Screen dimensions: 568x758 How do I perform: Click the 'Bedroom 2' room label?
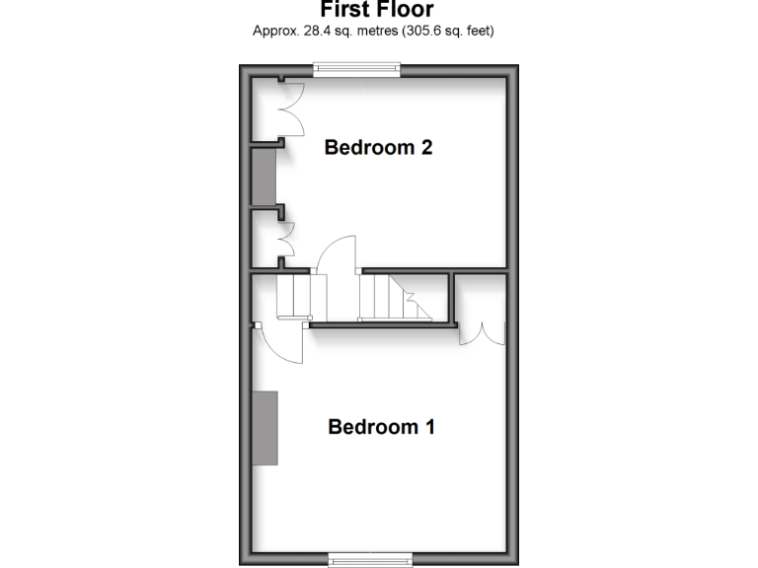(379, 148)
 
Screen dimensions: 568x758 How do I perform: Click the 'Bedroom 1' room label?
(381, 427)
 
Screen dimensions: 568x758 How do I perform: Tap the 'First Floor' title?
(377, 10)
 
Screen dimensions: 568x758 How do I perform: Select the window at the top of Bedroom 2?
(356, 69)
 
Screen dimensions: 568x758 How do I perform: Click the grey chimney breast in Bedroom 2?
(264, 177)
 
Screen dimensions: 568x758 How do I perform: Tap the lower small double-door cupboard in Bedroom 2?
(286, 238)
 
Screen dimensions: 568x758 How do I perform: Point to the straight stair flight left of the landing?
(293, 296)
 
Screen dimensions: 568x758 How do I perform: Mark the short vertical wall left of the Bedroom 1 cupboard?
(453, 298)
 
